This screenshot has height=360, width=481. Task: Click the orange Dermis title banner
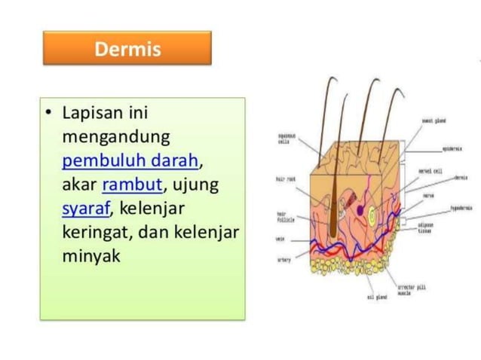coord(127,49)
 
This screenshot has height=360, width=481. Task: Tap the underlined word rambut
coord(132,184)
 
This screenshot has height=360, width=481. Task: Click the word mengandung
coord(116,137)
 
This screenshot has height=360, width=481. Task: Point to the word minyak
coord(91,255)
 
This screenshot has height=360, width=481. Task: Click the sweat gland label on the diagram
coord(433,121)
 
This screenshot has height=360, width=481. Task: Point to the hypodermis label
coord(461,206)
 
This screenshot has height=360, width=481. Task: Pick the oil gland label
coord(376,297)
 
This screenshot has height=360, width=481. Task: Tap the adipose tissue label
coord(425,227)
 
